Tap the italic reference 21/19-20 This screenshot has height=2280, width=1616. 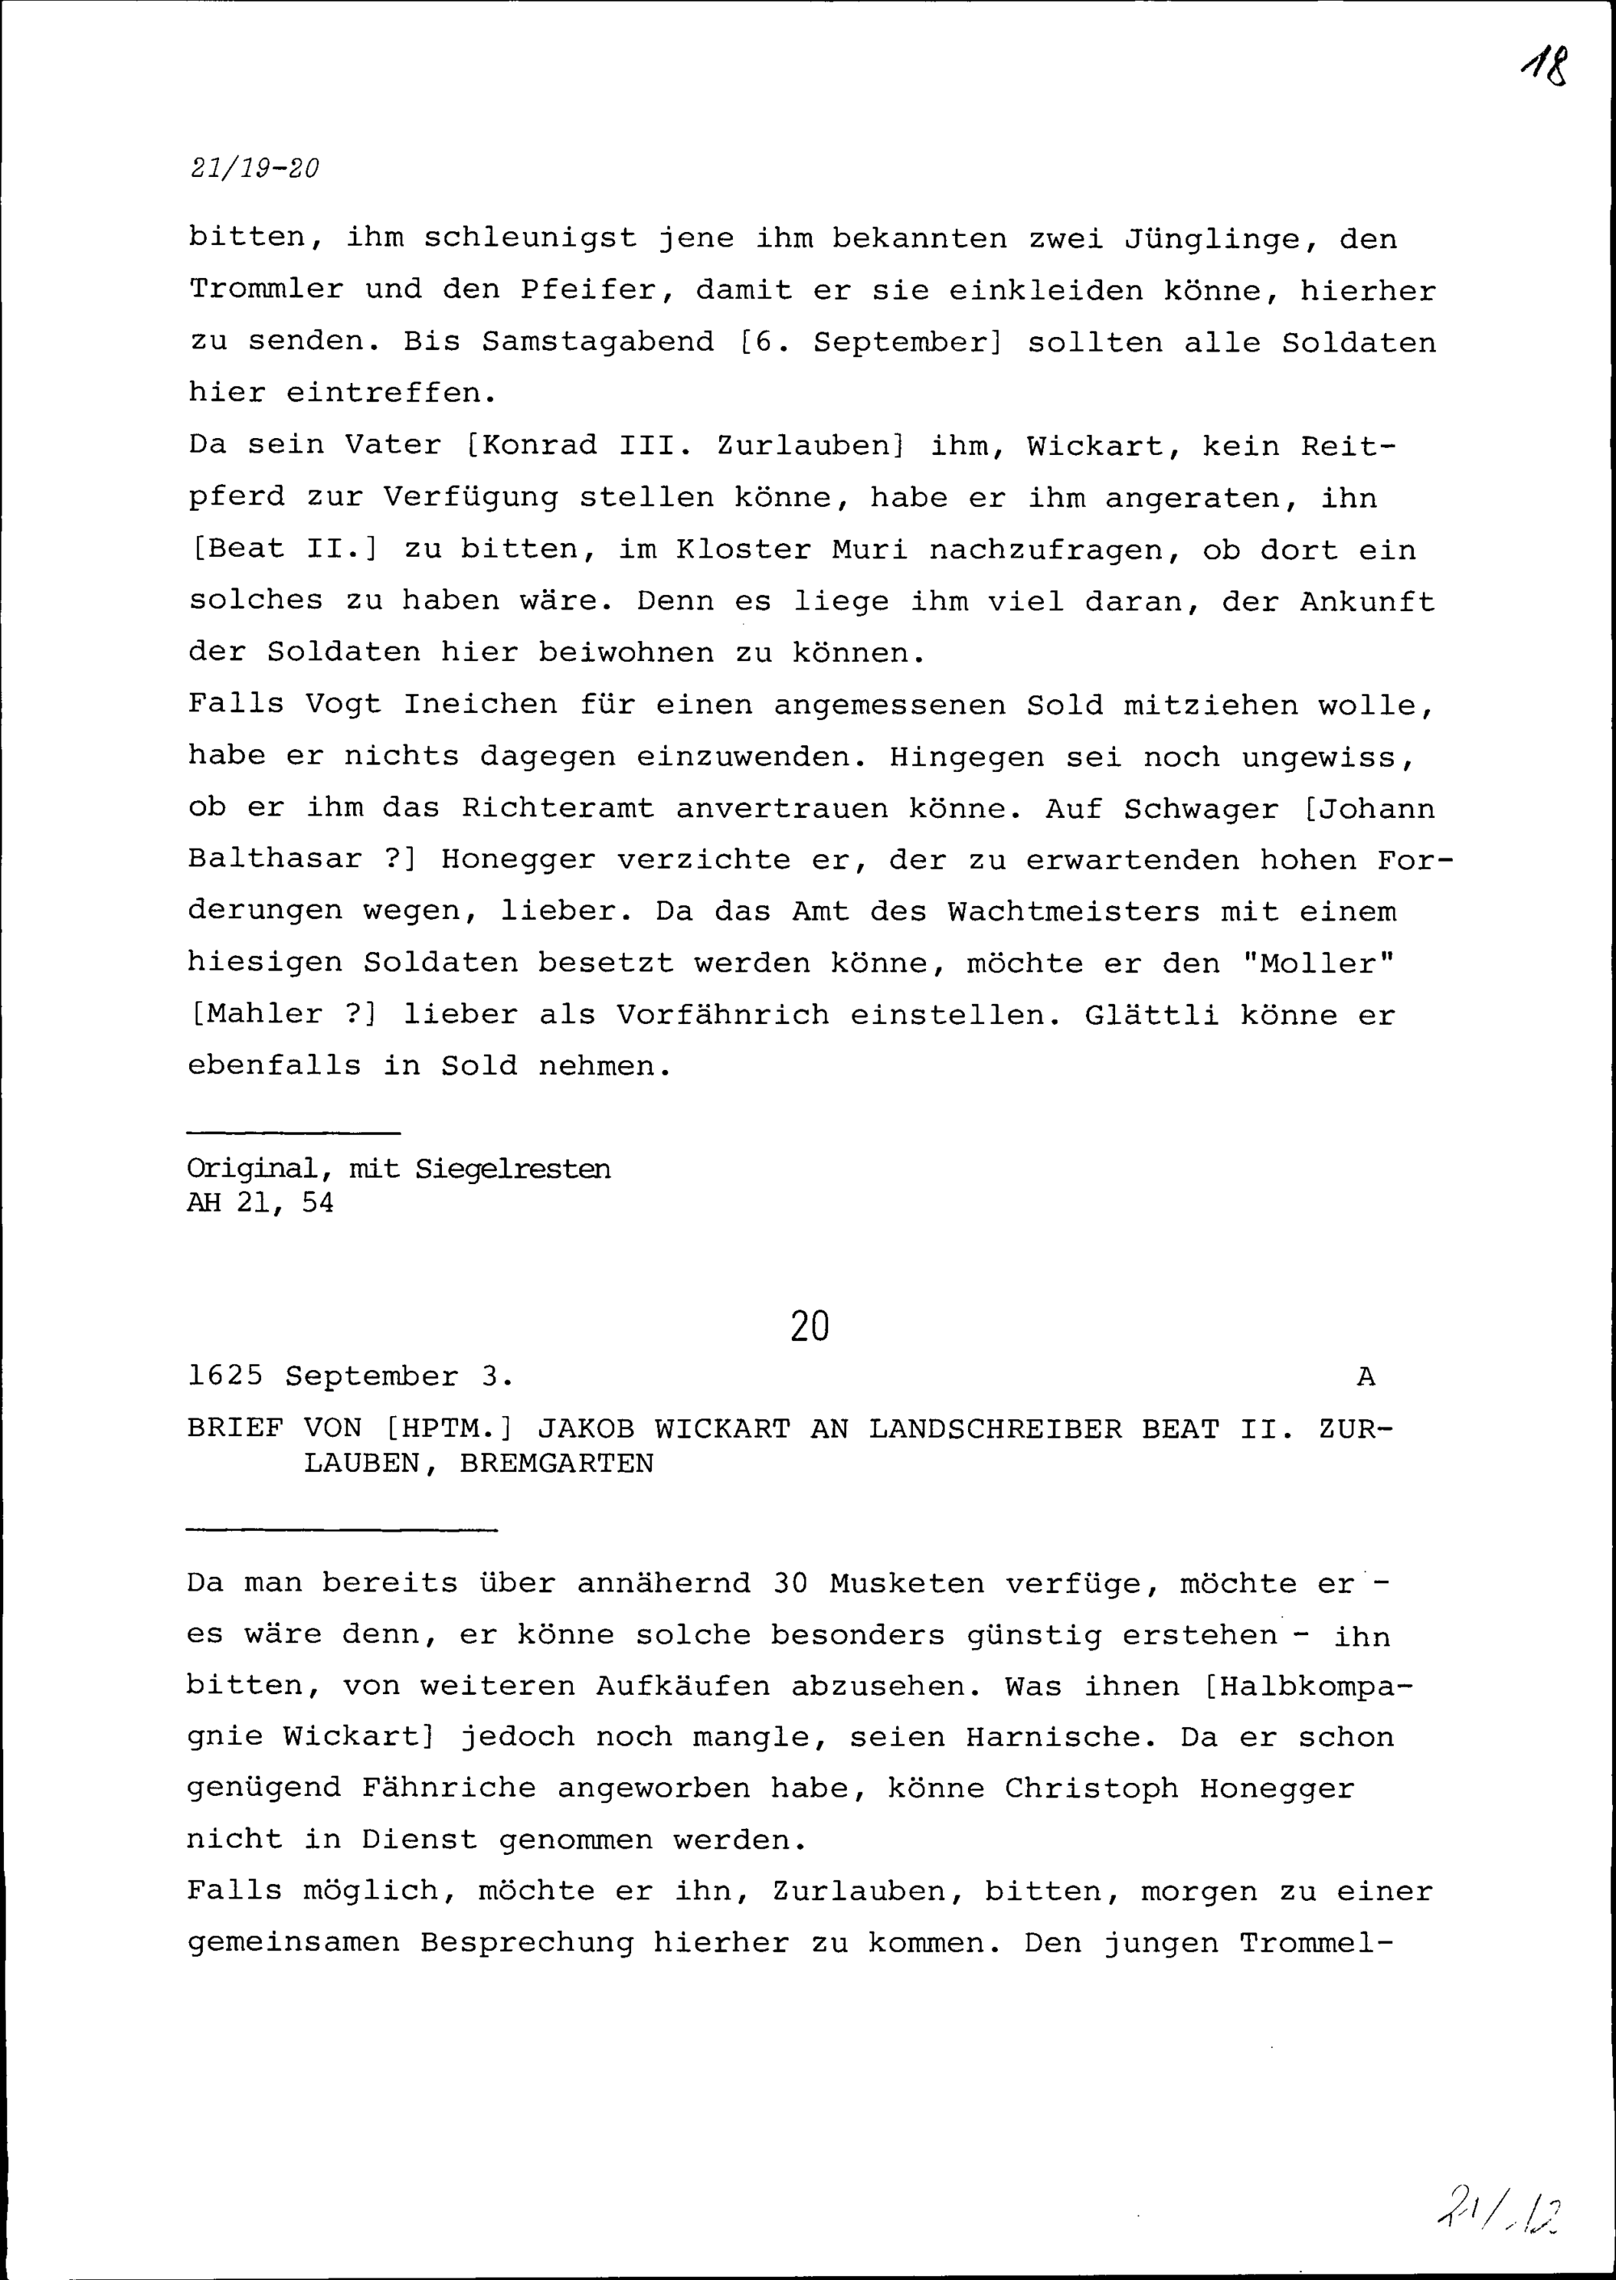[255, 168]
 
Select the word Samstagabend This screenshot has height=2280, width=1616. [598, 343]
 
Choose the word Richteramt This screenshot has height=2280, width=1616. [558, 808]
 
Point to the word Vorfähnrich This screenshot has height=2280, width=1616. [722, 1015]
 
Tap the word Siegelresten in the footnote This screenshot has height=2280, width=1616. [512, 1170]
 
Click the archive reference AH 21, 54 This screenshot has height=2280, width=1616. [261, 1203]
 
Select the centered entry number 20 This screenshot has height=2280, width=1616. [809, 1326]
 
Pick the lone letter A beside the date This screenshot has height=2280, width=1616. [1366, 1377]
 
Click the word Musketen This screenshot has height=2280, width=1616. [907, 1583]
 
